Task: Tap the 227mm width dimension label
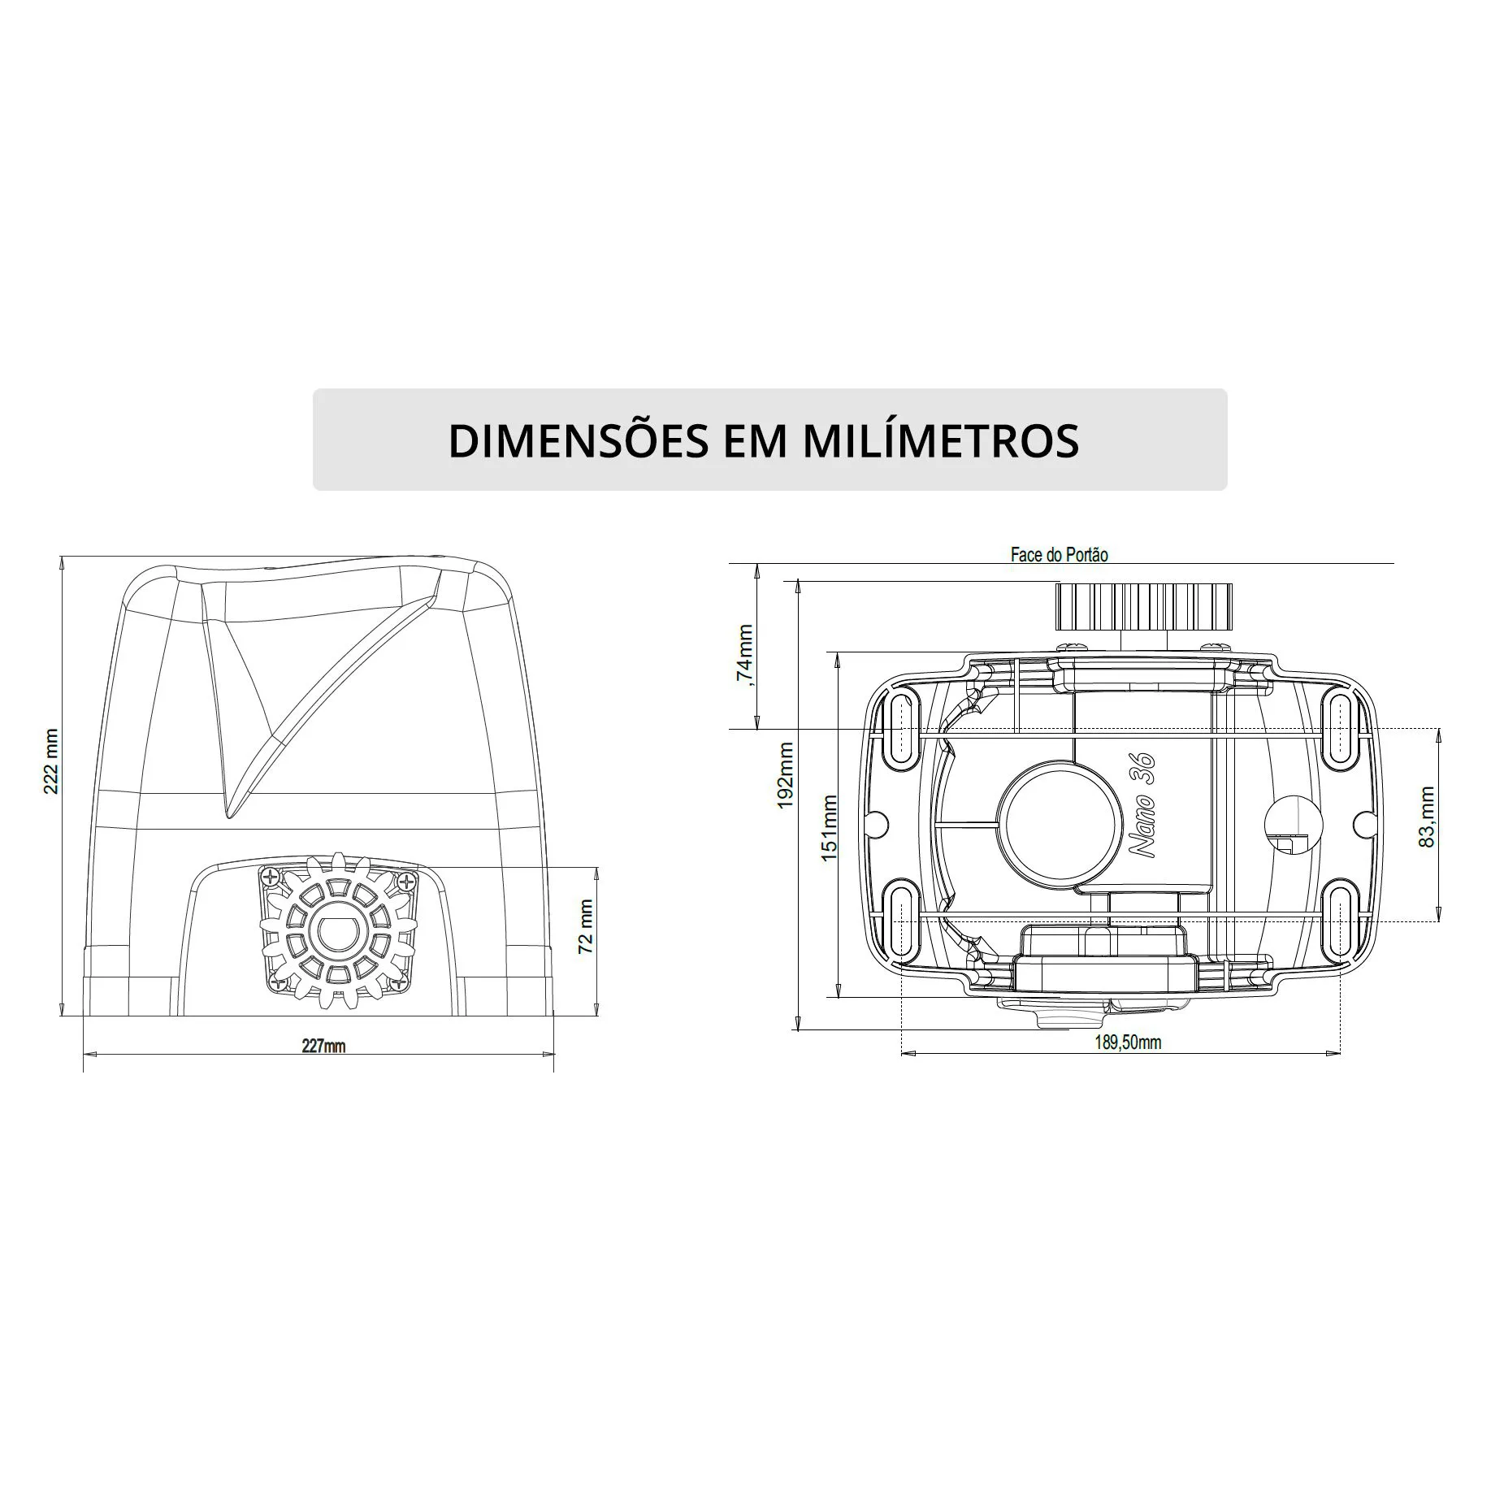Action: [323, 1046]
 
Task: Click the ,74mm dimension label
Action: [744, 656]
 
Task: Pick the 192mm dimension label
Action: [786, 776]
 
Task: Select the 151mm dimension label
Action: [829, 829]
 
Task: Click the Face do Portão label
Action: [1059, 555]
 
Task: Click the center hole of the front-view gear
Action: [336, 934]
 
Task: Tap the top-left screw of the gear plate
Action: [271, 877]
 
